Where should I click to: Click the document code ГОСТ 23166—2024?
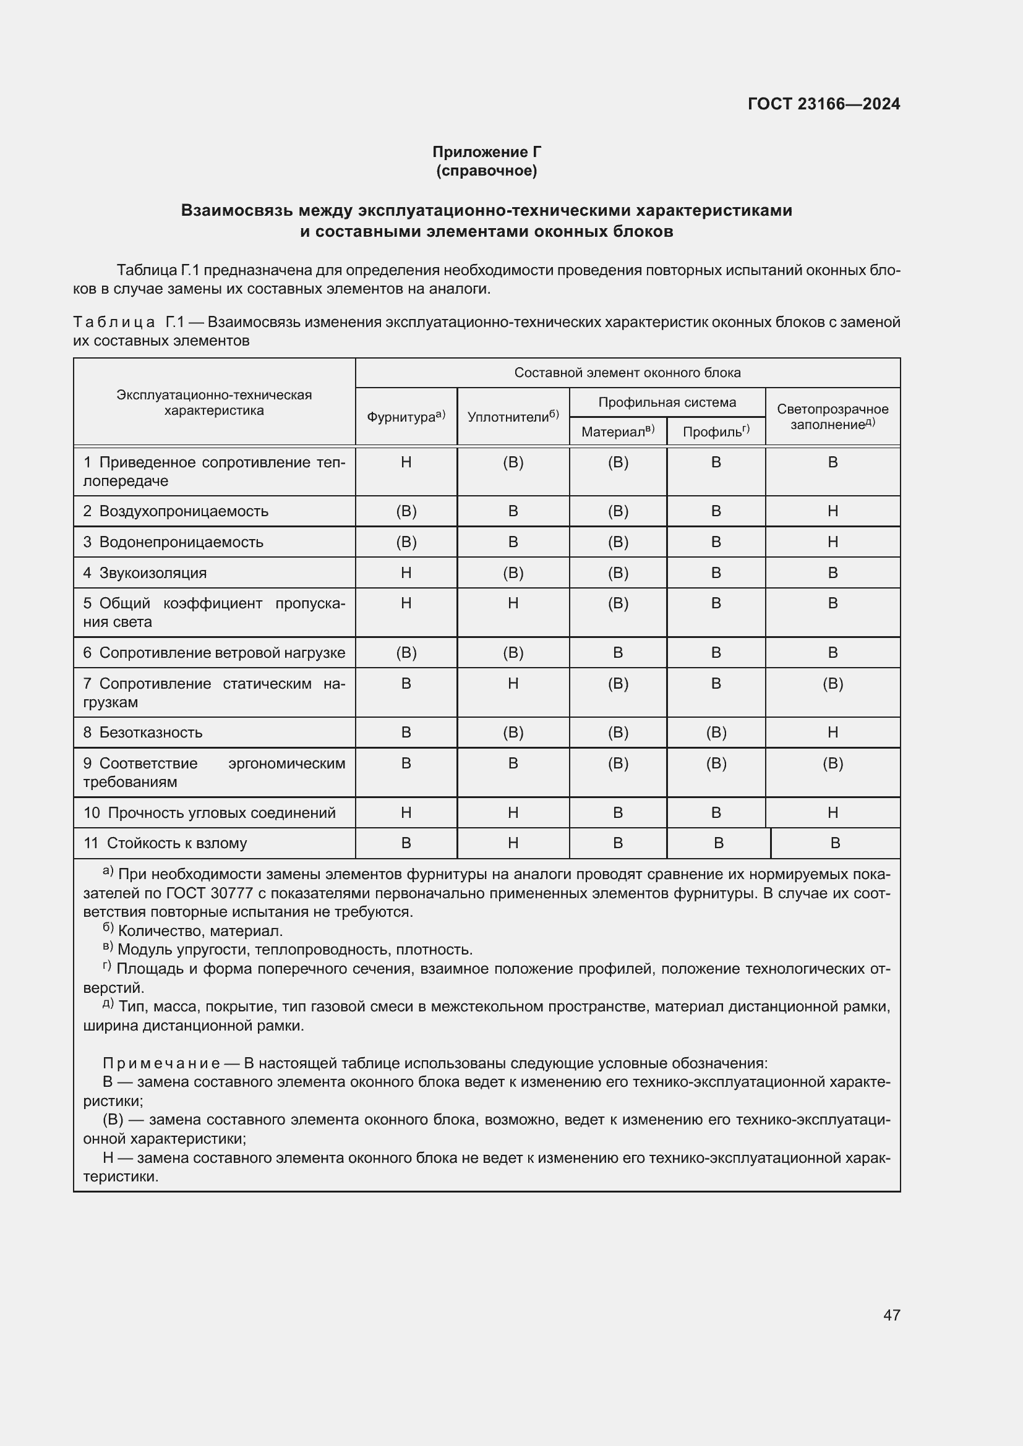823,104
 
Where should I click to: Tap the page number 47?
891,1315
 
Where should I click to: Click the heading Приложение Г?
486,152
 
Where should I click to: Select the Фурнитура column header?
406,417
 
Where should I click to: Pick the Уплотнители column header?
513,417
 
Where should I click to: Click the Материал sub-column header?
617,432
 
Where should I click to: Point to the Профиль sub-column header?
716,432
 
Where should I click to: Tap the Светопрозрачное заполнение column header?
832,417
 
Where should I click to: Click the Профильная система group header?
667,402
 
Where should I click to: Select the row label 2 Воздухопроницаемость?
176,511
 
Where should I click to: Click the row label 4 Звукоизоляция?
145,573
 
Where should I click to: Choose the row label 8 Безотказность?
143,733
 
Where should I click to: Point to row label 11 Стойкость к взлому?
165,843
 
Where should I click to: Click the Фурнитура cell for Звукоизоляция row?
406,573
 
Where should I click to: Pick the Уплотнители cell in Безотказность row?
513,733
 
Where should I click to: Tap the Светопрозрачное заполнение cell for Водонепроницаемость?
832,542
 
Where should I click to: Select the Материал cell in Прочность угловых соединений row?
617,813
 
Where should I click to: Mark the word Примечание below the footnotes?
161,1064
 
